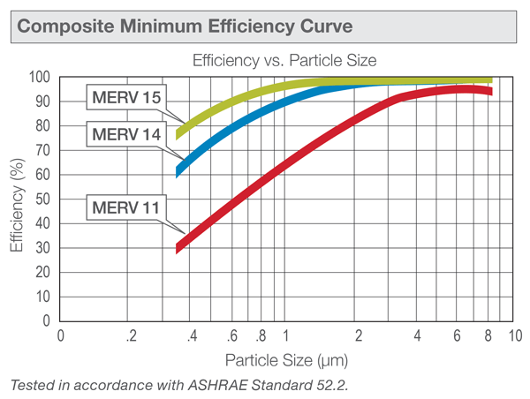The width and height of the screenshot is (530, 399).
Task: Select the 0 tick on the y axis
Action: point(49,321)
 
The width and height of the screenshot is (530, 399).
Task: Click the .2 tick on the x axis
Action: point(131,336)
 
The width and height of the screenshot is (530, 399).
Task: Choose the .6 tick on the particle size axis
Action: point(231,336)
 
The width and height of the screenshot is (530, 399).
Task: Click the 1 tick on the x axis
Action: point(286,336)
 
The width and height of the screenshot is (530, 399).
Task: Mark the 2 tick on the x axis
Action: point(359,336)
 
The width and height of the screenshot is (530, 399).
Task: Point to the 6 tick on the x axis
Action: point(457,336)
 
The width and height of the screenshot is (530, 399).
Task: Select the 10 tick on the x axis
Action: point(514,336)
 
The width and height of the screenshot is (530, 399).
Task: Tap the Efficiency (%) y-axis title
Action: point(17,199)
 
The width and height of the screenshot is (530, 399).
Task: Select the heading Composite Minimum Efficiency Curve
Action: point(185,26)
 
